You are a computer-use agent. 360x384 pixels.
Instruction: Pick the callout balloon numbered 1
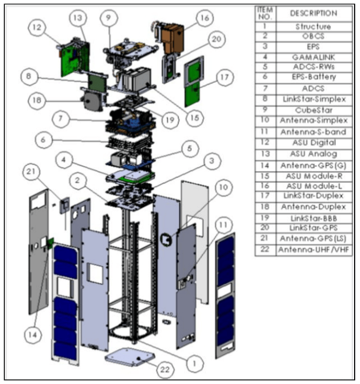[x=195, y=362]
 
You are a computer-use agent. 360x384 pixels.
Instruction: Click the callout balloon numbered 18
[x=36, y=101]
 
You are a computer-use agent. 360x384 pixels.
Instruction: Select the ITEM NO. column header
[x=265, y=13]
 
